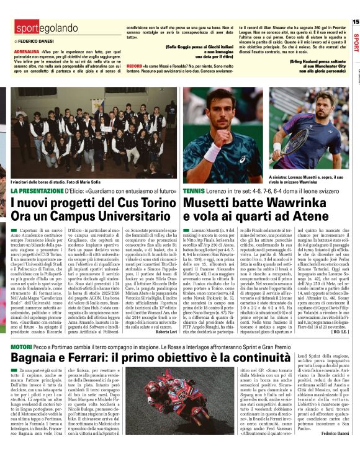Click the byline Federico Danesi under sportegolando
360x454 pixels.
35,40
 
